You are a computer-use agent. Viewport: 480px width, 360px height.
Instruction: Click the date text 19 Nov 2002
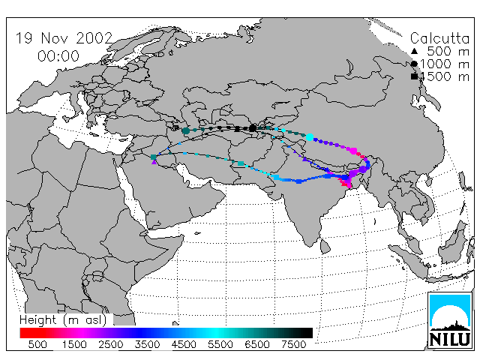[64, 38]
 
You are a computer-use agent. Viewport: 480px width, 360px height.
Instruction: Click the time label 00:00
[58, 56]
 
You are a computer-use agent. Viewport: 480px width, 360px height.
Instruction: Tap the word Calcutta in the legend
[439, 38]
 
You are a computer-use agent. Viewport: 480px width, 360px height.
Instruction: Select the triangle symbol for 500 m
[414, 51]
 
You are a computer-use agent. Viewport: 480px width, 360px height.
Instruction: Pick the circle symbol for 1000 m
[414, 64]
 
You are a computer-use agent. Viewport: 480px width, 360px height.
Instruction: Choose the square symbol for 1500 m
[414, 76]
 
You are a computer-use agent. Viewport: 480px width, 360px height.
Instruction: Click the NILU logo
[450, 320]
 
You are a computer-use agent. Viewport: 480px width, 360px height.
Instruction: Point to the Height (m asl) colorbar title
[63, 320]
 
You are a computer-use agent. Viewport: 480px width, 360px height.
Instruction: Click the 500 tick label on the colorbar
[37, 344]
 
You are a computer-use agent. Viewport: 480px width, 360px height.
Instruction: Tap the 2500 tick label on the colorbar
[110, 344]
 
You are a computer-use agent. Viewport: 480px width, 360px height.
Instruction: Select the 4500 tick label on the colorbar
[184, 344]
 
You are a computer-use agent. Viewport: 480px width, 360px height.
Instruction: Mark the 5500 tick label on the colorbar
[220, 344]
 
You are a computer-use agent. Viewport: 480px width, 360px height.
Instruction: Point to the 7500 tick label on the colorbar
[293, 344]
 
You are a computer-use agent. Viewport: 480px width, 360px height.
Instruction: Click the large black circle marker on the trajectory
[253, 128]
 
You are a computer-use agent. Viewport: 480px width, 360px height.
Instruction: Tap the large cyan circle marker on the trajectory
[310, 137]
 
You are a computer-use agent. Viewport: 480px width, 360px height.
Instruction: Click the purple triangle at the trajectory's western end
[154, 162]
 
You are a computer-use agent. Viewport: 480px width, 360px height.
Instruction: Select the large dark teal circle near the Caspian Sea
[186, 130]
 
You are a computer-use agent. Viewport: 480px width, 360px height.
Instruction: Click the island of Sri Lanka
[325, 247]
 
